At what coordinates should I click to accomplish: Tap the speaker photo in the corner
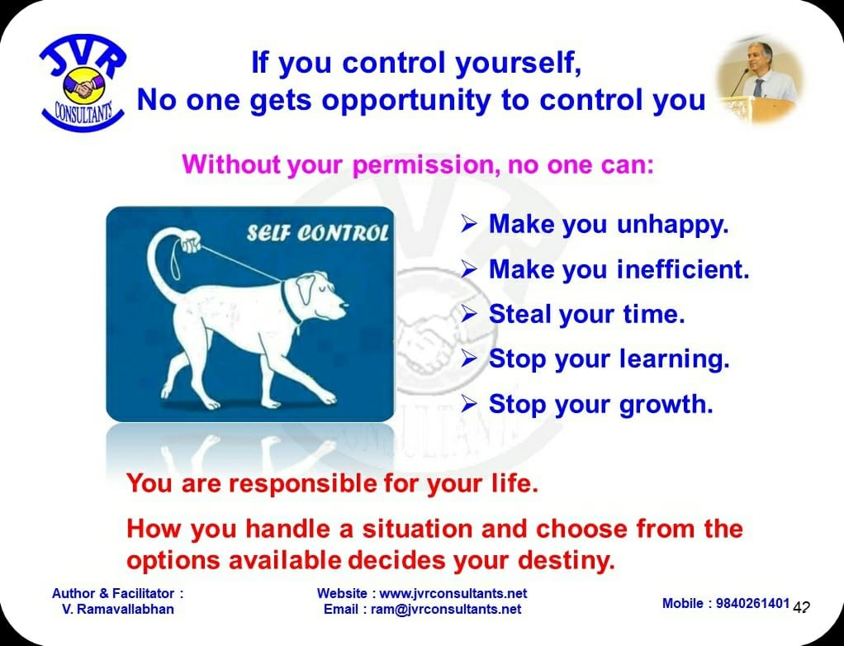click(x=759, y=79)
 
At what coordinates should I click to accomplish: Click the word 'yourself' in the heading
click(x=519, y=64)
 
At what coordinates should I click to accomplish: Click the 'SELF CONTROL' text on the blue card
click(x=318, y=234)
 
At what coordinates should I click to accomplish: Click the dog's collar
click(x=291, y=303)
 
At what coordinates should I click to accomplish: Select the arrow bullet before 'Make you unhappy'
click(x=469, y=225)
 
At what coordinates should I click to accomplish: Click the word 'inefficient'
click(x=683, y=269)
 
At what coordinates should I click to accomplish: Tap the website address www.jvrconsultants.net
click(x=453, y=594)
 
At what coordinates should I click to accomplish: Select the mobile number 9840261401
click(x=752, y=604)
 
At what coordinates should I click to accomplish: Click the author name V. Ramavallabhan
click(x=118, y=610)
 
